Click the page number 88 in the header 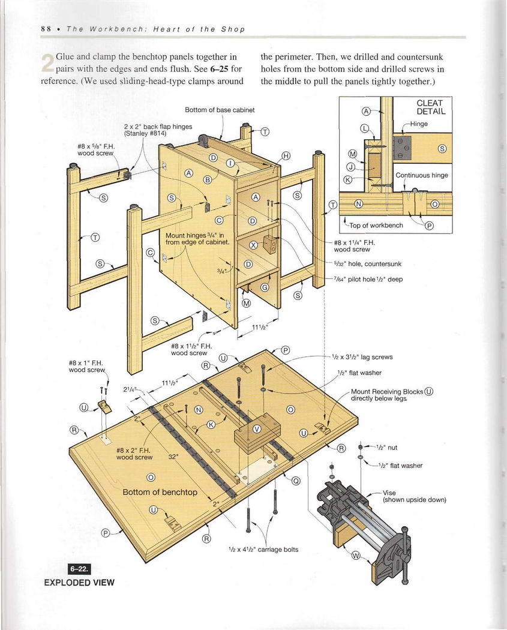click(45, 29)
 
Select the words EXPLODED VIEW click(79, 582)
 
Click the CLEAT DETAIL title click(430, 107)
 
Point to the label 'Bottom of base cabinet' click(220, 110)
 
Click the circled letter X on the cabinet click(253, 245)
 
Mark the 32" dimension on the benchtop click(174, 456)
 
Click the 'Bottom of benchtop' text click(160, 492)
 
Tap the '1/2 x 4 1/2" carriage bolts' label click(263, 549)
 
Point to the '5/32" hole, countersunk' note click(367, 263)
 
